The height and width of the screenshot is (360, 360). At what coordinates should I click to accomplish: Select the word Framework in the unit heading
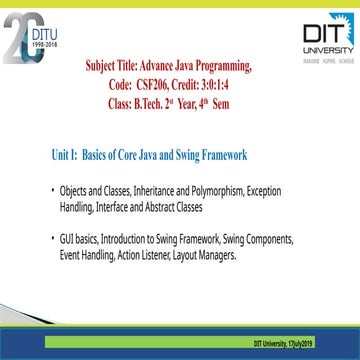[x=219, y=157]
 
